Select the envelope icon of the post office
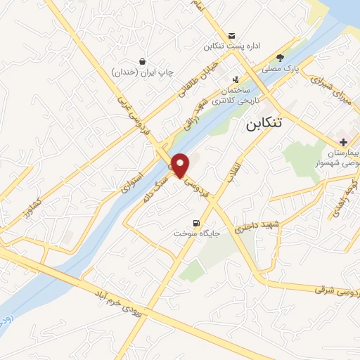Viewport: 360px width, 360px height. pos(231,36)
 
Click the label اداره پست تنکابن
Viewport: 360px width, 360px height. pos(232,46)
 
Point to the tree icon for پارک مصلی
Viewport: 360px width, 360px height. pos(281,58)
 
